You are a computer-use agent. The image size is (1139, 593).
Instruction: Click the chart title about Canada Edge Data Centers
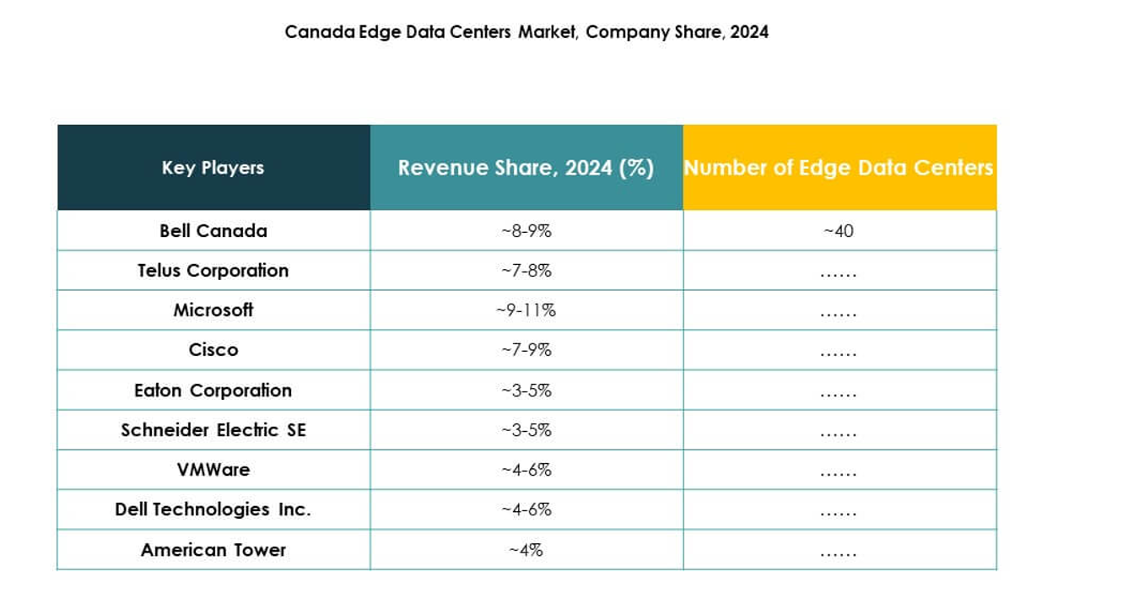[x=526, y=32]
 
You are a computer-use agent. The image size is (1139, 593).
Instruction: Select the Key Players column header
[x=213, y=167]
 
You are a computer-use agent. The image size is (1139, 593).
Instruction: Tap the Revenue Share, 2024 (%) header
[x=526, y=167]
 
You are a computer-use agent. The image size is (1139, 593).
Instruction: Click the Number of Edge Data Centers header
[x=839, y=167]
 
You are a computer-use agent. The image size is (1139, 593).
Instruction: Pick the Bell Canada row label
[x=213, y=230]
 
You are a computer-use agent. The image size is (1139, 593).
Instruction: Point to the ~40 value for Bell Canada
[x=839, y=231]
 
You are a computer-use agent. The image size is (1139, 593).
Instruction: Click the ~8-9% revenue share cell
[x=526, y=231]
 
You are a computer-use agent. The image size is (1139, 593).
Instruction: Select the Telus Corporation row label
[x=213, y=270]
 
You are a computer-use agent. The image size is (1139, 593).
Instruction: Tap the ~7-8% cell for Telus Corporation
[x=526, y=271]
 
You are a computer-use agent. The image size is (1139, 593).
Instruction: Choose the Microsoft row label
[x=213, y=310]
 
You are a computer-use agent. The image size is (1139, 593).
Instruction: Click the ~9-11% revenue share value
[x=526, y=310]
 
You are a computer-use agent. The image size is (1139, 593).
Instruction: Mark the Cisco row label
[x=213, y=349]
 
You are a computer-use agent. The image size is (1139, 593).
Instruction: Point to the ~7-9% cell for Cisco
[x=526, y=350]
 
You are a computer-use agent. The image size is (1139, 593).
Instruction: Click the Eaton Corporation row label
[x=213, y=390]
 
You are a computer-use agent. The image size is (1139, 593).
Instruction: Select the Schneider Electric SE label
[x=213, y=429]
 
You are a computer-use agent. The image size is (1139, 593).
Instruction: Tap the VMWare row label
[x=213, y=469]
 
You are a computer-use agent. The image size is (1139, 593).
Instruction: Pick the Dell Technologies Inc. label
[x=213, y=509]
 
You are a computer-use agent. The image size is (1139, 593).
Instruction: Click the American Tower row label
[x=213, y=549]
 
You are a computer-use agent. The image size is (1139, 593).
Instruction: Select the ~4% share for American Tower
[x=526, y=550]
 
